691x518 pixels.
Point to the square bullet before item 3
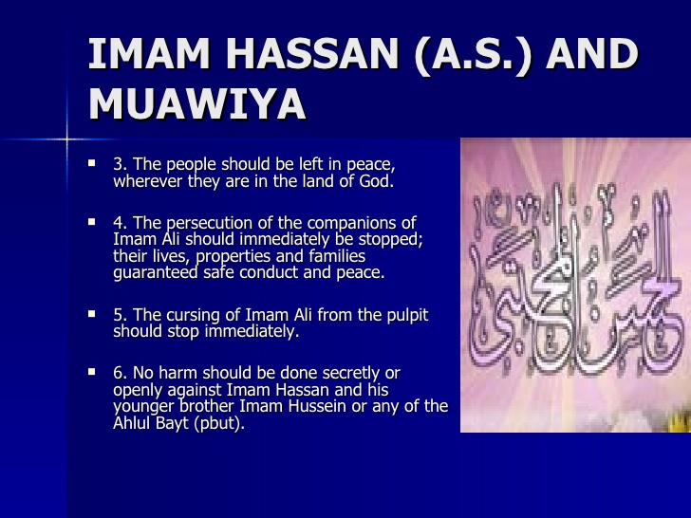tap(92, 164)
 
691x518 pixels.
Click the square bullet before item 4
tap(92, 221)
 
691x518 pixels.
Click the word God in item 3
tap(377, 181)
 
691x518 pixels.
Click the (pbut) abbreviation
tap(217, 424)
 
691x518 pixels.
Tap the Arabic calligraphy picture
tap(575, 285)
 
